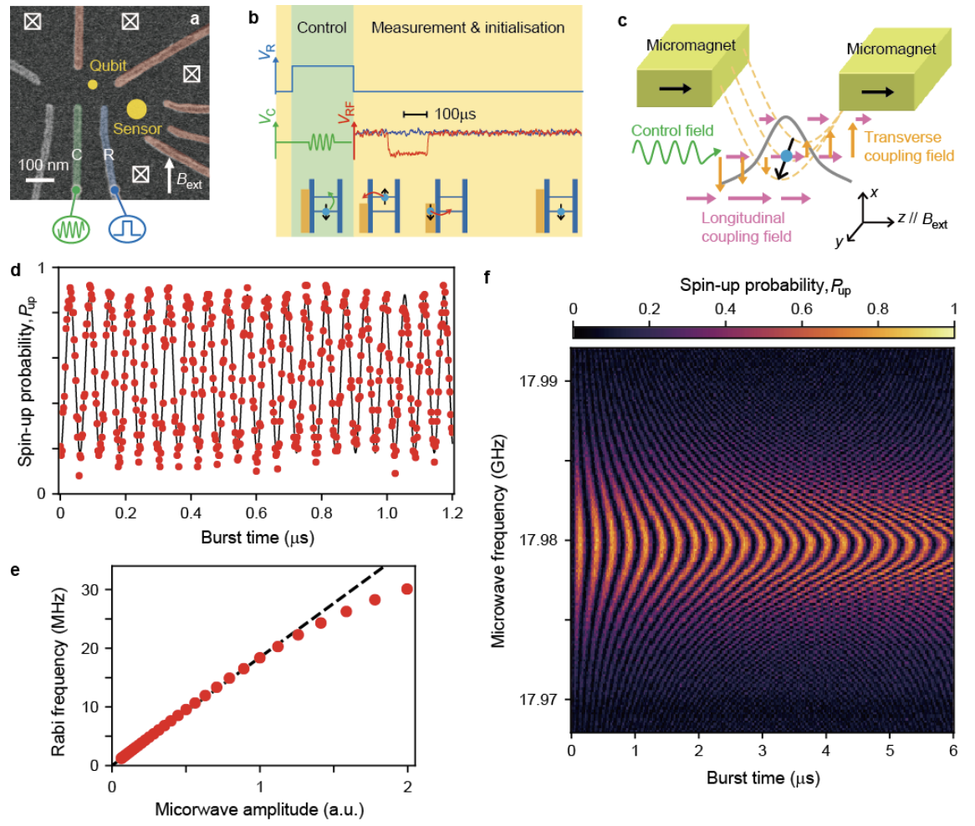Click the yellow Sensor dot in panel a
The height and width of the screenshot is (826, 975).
(136, 109)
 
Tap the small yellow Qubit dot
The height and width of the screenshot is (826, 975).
(92, 84)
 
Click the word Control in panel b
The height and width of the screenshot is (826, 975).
(323, 28)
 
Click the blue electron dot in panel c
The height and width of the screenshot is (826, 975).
(786, 156)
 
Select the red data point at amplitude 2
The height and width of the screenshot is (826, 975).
(407, 589)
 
